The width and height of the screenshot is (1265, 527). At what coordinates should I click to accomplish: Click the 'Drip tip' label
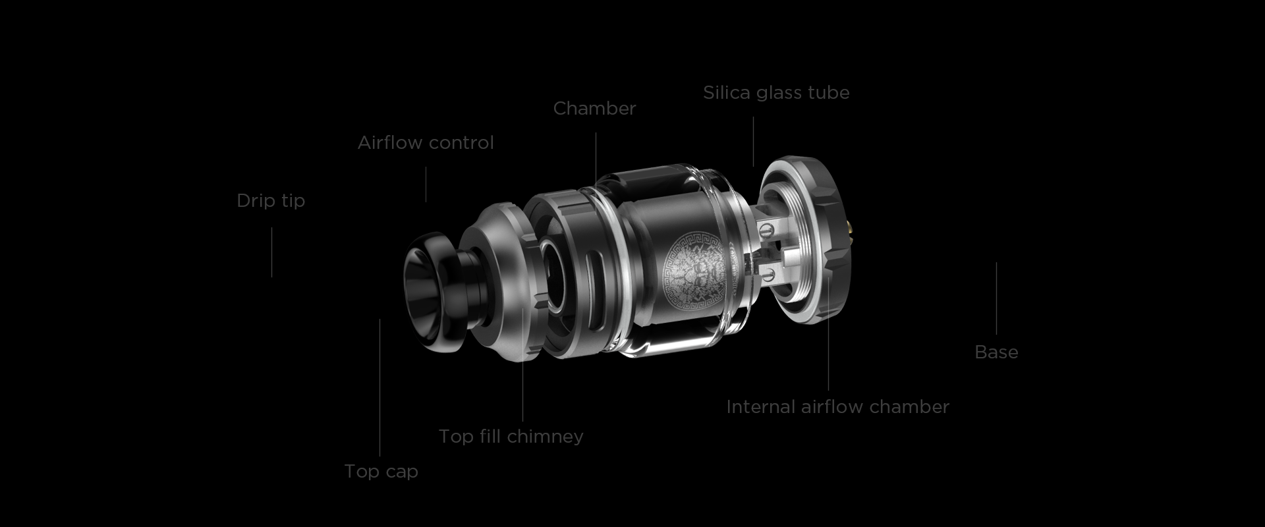point(271,200)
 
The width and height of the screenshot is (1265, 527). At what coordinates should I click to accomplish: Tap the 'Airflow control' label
point(426,142)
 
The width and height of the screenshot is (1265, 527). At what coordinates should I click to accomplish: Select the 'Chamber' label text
point(594,108)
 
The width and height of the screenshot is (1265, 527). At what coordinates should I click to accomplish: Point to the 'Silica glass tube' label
point(776,92)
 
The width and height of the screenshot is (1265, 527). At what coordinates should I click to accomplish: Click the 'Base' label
point(996,352)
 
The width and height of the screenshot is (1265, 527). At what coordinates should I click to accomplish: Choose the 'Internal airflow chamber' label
point(837,406)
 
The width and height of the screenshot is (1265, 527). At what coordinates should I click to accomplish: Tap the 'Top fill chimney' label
point(511,436)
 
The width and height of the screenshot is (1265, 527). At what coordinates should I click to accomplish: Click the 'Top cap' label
point(381,471)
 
